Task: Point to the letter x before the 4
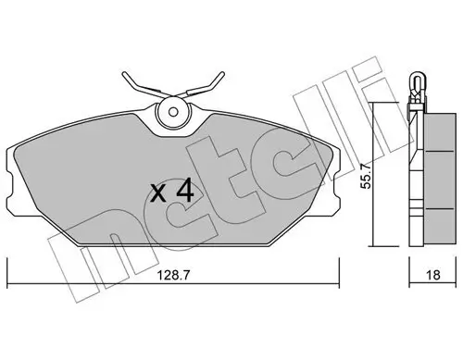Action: coord(158,195)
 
